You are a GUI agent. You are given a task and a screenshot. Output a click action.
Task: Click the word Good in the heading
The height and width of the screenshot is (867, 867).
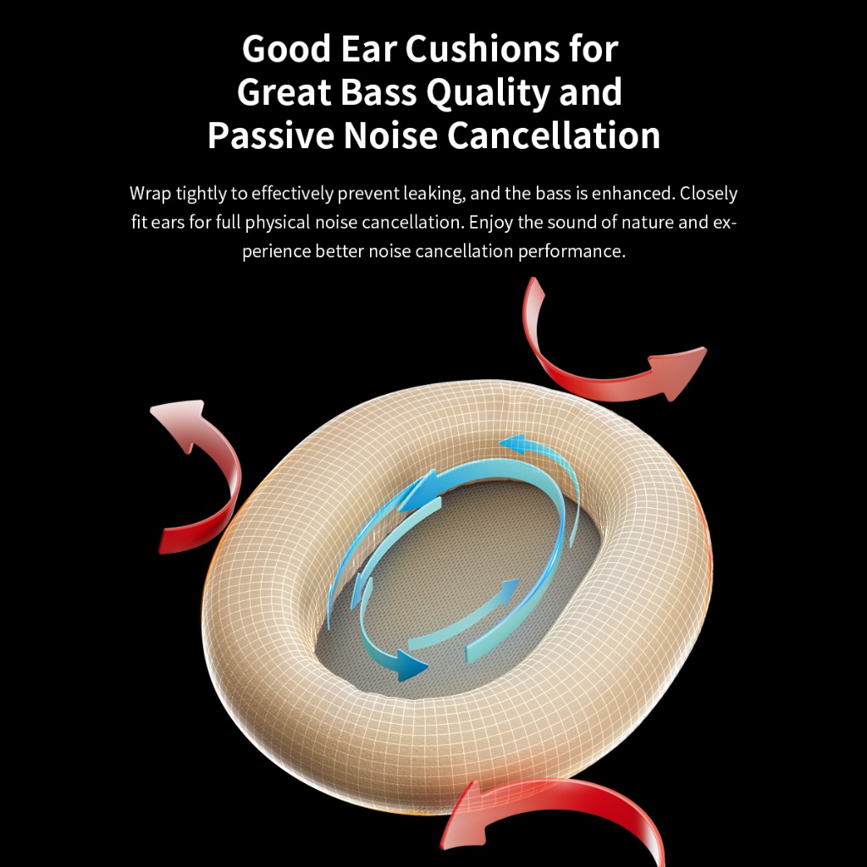(286, 48)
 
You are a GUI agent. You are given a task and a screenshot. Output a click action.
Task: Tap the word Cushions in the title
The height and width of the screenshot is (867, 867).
(483, 48)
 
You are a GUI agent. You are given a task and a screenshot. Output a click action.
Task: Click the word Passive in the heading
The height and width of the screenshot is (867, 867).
(271, 135)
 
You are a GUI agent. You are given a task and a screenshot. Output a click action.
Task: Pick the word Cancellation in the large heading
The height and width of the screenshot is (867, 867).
(554, 135)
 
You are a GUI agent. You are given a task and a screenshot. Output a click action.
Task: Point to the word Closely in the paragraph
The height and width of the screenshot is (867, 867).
(709, 194)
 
